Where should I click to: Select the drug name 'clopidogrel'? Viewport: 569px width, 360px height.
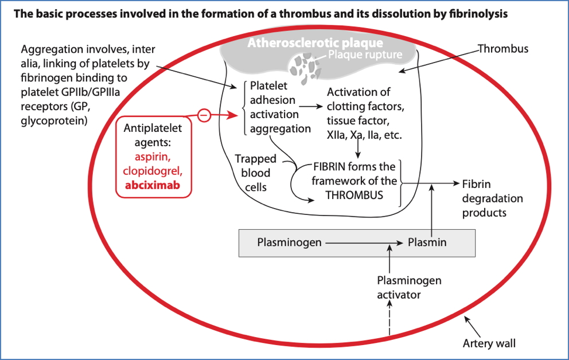pos(153,171)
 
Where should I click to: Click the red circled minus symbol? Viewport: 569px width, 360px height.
pos(204,115)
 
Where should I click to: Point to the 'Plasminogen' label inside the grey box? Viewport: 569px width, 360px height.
pos(289,242)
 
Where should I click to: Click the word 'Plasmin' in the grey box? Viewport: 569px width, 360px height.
pos(427,242)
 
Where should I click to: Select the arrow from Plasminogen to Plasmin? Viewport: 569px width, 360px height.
pos(364,242)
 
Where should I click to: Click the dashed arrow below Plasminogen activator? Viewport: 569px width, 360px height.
pos(390,321)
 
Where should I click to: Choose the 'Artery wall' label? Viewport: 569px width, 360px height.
pos(489,344)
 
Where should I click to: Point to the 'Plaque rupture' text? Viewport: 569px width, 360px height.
pos(365,55)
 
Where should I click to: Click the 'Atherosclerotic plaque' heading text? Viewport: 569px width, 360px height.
pos(315,43)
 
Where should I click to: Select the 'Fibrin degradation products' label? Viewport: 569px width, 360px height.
pos(485,198)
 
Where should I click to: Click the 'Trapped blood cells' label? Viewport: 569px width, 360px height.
pos(255,172)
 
